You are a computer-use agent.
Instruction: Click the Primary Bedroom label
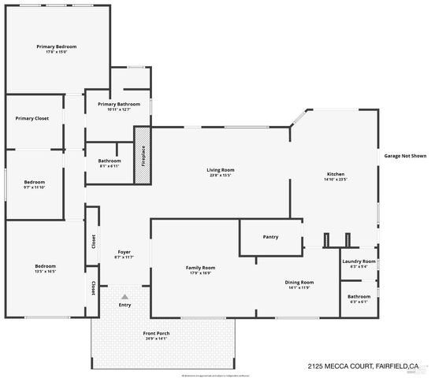(56, 46)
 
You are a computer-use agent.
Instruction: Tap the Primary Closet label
(32, 119)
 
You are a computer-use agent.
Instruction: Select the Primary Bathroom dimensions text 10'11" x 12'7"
(119, 109)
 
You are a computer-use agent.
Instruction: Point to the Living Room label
(221, 170)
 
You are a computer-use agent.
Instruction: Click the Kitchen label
(336, 174)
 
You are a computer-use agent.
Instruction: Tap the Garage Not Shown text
(405, 156)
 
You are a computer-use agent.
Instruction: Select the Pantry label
(271, 236)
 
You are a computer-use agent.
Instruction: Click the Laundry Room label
(359, 261)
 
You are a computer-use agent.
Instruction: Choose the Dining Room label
(299, 282)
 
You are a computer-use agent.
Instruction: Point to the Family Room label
(201, 268)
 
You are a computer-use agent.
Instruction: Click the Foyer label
(124, 252)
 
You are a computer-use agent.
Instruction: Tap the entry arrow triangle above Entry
(123, 295)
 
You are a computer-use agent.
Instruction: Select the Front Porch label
(156, 333)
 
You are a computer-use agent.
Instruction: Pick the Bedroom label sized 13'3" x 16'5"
(45, 266)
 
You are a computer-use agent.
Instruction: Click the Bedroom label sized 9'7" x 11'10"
(34, 182)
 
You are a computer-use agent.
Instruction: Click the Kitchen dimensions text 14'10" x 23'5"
(336, 180)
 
